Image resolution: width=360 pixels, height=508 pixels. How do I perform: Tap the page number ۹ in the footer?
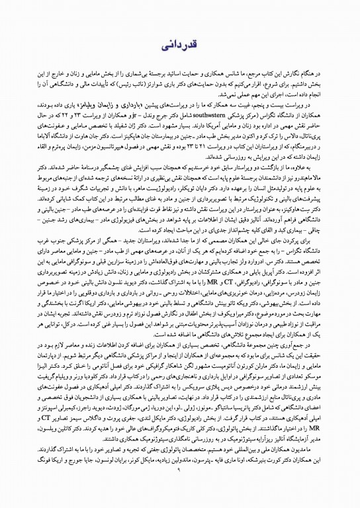(x=179, y=487)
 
